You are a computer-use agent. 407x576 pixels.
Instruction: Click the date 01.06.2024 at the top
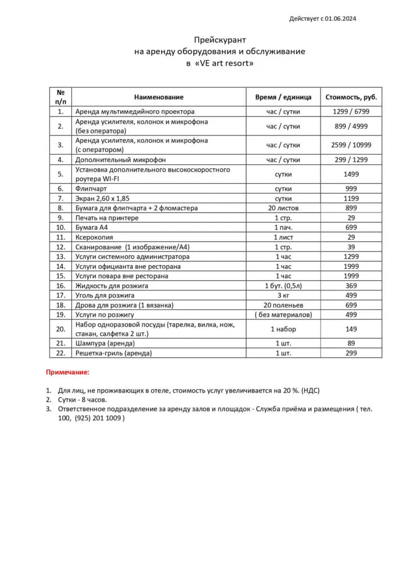(340, 19)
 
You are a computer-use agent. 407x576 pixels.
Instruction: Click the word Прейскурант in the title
(220, 39)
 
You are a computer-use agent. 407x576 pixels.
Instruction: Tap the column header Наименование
(159, 97)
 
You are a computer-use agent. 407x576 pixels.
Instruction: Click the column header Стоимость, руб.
(351, 97)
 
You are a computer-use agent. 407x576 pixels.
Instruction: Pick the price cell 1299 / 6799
(351, 111)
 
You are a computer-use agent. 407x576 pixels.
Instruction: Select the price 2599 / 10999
(351, 145)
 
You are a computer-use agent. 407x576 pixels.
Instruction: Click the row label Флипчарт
(91, 188)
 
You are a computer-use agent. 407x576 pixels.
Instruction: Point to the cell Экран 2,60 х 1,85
(106, 198)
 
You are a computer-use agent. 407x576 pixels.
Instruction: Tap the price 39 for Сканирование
(351, 247)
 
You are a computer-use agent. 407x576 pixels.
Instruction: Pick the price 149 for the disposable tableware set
(351, 329)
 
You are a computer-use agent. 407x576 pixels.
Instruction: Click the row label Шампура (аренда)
(105, 343)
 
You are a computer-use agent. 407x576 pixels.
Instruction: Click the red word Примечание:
(67, 372)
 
